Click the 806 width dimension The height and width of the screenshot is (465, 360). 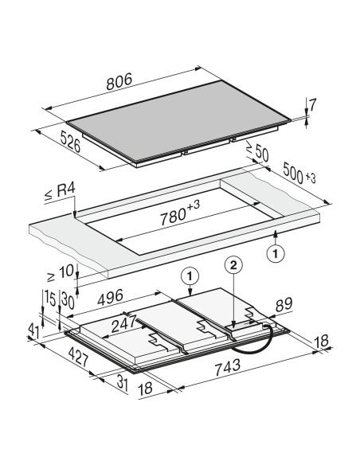pyautogui.click(x=119, y=81)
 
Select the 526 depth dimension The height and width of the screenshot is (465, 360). pyautogui.click(x=70, y=142)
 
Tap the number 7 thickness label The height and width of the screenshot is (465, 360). pyautogui.click(x=312, y=104)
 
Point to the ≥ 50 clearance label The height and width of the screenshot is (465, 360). pyautogui.click(x=257, y=151)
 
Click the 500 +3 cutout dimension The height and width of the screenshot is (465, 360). pyautogui.click(x=299, y=174)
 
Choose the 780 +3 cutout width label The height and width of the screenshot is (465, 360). pyautogui.click(x=180, y=213)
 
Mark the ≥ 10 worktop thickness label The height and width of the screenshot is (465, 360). pyautogui.click(x=61, y=273)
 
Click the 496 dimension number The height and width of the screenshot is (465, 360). pyautogui.click(x=110, y=297)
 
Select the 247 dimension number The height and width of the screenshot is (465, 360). pyautogui.click(x=123, y=324)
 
